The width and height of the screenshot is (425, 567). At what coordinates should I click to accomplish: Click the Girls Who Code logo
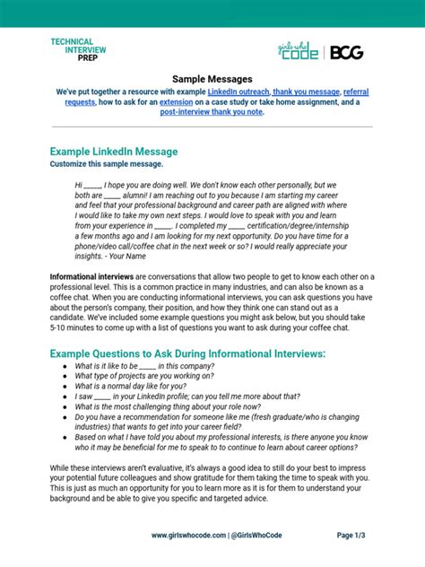pyautogui.click(x=309, y=52)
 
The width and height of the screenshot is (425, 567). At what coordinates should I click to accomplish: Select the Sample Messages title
pyautogui.click(x=212, y=79)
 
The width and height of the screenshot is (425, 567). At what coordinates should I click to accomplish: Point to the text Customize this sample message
pyautogui.click(x=107, y=164)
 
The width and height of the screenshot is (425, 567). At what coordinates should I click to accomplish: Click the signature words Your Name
pyautogui.click(x=127, y=257)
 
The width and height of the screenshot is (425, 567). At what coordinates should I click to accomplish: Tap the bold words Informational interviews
pyautogui.click(x=91, y=277)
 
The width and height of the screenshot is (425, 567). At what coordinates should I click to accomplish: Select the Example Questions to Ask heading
pyautogui.click(x=187, y=353)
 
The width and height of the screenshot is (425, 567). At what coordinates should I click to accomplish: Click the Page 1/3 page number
pyautogui.click(x=357, y=536)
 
